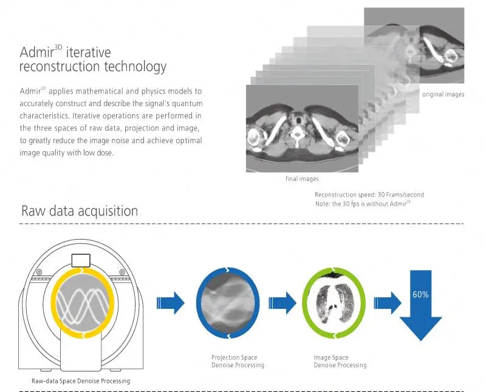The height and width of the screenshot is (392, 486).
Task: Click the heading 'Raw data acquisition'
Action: coord(80,211)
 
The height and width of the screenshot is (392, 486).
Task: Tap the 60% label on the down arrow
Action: coord(420,294)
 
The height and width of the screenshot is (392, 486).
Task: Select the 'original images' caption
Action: coord(443,95)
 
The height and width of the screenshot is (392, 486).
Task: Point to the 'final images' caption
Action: coord(302,179)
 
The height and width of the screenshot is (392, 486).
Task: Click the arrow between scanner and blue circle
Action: coord(170,302)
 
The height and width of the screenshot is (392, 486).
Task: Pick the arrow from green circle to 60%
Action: coord(385,302)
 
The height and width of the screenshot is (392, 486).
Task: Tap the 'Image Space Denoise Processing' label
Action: coord(340,362)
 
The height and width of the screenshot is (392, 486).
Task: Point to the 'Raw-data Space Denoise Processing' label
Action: coord(81,381)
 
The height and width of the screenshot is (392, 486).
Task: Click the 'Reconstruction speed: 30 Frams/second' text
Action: coord(369,195)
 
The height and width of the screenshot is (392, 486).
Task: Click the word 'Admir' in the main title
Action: coord(39,53)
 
